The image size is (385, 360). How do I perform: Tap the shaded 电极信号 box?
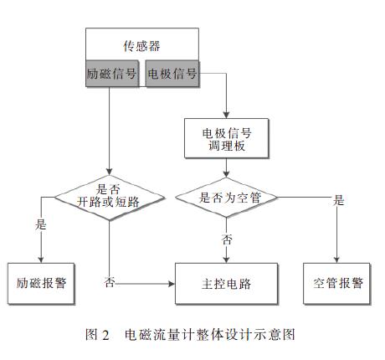coord(172,74)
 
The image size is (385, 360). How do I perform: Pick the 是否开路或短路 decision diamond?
coord(110,197)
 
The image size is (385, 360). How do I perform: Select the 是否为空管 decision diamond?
coord(227,198)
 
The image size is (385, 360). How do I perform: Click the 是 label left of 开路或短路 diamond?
coord(41,225)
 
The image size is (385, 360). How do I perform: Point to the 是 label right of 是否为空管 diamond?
coord(339,201)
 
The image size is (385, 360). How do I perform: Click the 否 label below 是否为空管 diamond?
coord(227,239)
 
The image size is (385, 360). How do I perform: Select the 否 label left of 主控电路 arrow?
coord(110,282)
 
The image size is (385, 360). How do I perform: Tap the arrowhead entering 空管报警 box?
coord(338,259)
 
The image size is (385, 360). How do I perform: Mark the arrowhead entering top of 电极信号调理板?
coord(227,114)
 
